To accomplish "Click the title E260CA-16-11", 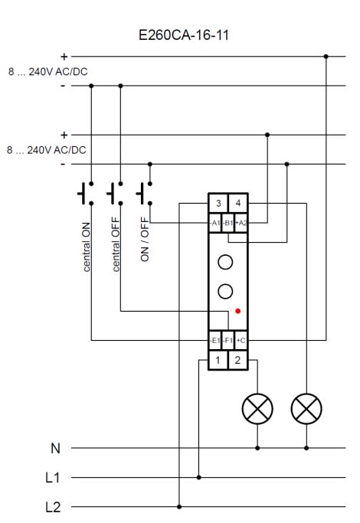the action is pos(184,35).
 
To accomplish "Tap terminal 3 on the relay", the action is pos(218,203).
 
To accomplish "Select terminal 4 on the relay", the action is pos(238,203).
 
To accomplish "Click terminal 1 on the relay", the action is pos(218,360).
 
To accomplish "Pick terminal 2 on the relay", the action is pos(238,360).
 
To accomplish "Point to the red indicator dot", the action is pos(238,311).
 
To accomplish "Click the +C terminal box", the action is pos(241,341).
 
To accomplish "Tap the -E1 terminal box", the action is pos(215,341).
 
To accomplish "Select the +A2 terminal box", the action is pos(241,223).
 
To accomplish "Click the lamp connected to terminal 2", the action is pos(257,409).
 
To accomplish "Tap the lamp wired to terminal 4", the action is pos(306,409).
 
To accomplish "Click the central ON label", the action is pos(86,247).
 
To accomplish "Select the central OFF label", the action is pos(116,244).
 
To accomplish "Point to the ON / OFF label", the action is pos(145,239).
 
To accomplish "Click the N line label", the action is pos(55,448).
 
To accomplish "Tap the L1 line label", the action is pos(53,478).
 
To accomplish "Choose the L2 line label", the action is pos(53,507).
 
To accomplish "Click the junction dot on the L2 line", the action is pos(179,507).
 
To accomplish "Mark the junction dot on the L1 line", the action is pos(199,477).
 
